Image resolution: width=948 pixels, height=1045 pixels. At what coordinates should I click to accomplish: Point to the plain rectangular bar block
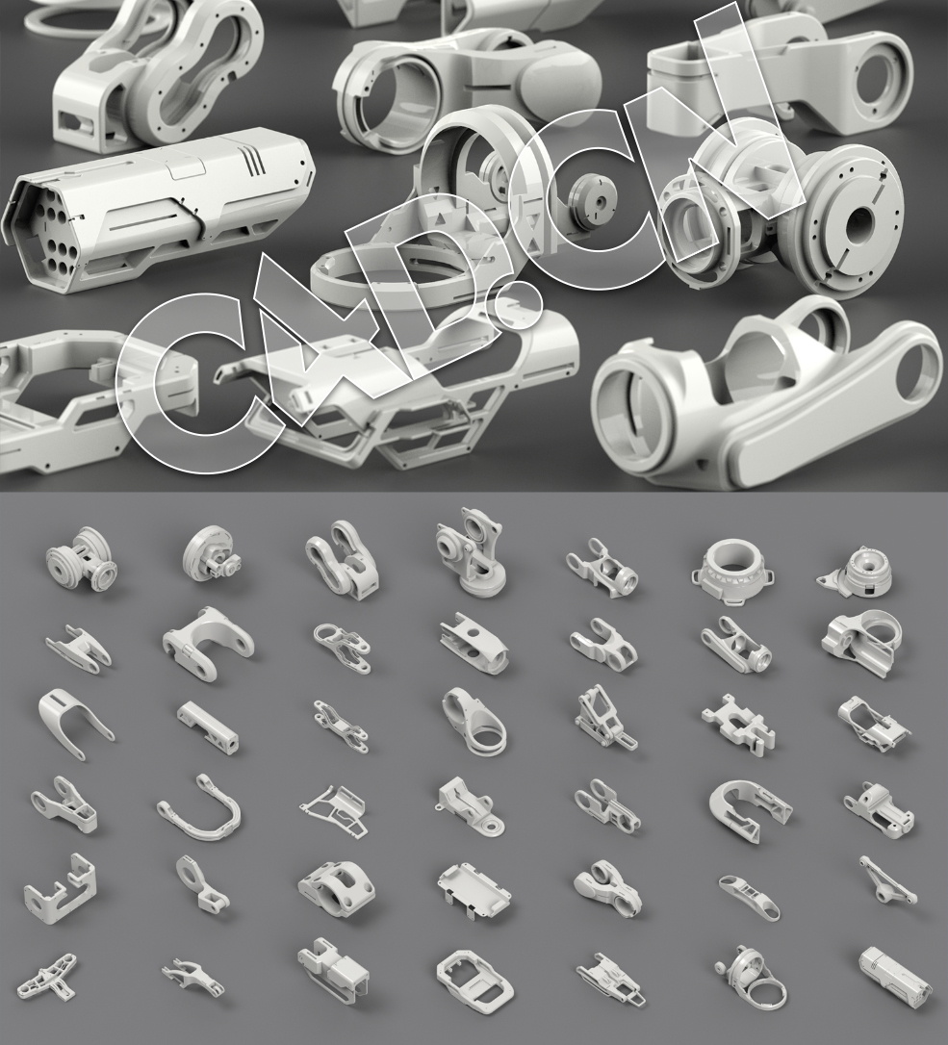208,726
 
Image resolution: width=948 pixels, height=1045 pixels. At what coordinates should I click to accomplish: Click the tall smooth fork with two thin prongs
74,722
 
